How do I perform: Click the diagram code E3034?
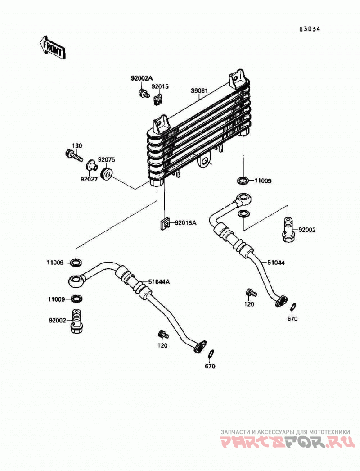310,29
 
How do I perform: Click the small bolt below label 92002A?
144,93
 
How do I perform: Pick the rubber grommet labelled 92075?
107,174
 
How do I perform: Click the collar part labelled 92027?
92,166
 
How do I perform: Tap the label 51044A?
158,282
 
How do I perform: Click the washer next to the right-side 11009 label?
242,181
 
